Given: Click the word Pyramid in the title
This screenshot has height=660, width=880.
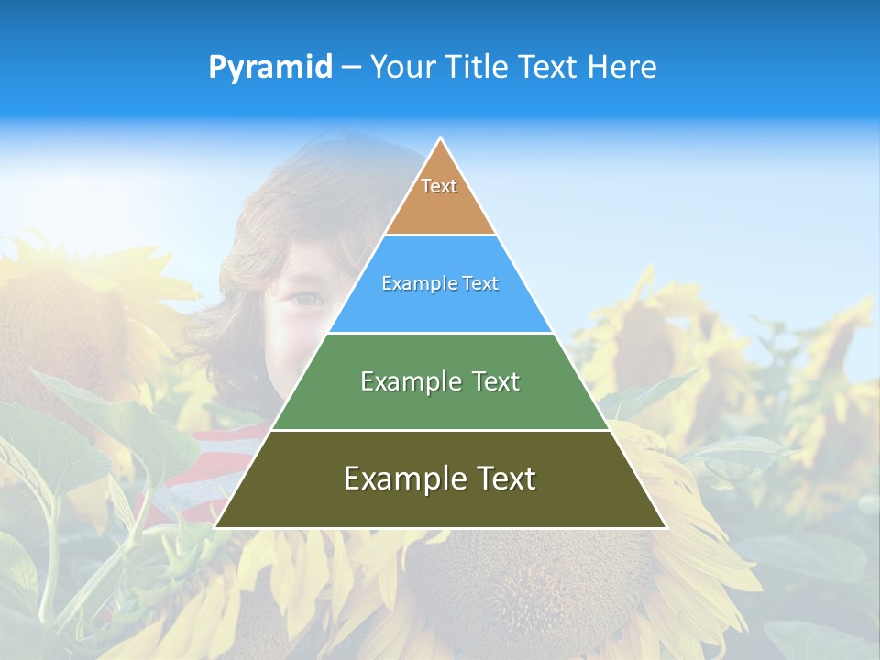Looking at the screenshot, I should coord(270,68).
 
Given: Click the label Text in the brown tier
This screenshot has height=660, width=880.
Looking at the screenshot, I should coord(439,186).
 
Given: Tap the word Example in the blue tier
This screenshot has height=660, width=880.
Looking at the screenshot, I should coord(413,283).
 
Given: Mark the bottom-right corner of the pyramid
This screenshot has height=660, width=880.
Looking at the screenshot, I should coord(665,527).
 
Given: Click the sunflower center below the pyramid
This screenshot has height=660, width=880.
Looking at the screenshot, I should coord(513,587).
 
